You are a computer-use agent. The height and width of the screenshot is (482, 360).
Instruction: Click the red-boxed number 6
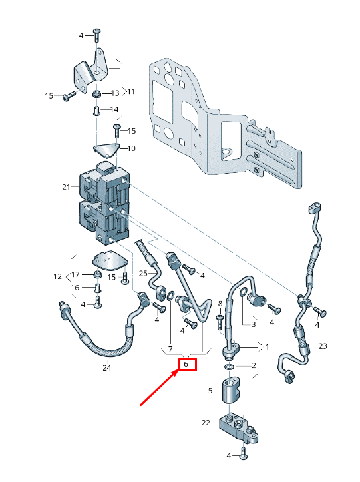pos(186,364)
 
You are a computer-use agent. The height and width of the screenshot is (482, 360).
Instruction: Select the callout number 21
pos(66,188)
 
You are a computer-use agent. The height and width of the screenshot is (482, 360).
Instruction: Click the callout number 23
pos(323,346)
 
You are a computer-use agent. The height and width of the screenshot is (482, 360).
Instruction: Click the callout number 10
pos(131,148)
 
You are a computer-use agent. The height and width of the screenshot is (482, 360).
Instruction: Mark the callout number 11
pos(131,91)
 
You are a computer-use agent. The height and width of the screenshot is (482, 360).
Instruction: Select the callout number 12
pos(58,276)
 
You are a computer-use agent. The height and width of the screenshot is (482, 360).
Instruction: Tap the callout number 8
pos(220,304)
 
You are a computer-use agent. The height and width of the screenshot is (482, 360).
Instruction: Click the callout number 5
pos(210,391)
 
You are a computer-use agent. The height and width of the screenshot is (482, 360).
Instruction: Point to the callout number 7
pos(170,349)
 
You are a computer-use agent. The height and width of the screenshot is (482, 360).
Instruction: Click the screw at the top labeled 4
pos(97,32)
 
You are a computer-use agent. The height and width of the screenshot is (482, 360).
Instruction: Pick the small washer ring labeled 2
pos(230,367)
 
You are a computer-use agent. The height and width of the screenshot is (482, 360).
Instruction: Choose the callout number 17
pos(76,274)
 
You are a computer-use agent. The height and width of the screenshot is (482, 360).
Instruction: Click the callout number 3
pos(253,324)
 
